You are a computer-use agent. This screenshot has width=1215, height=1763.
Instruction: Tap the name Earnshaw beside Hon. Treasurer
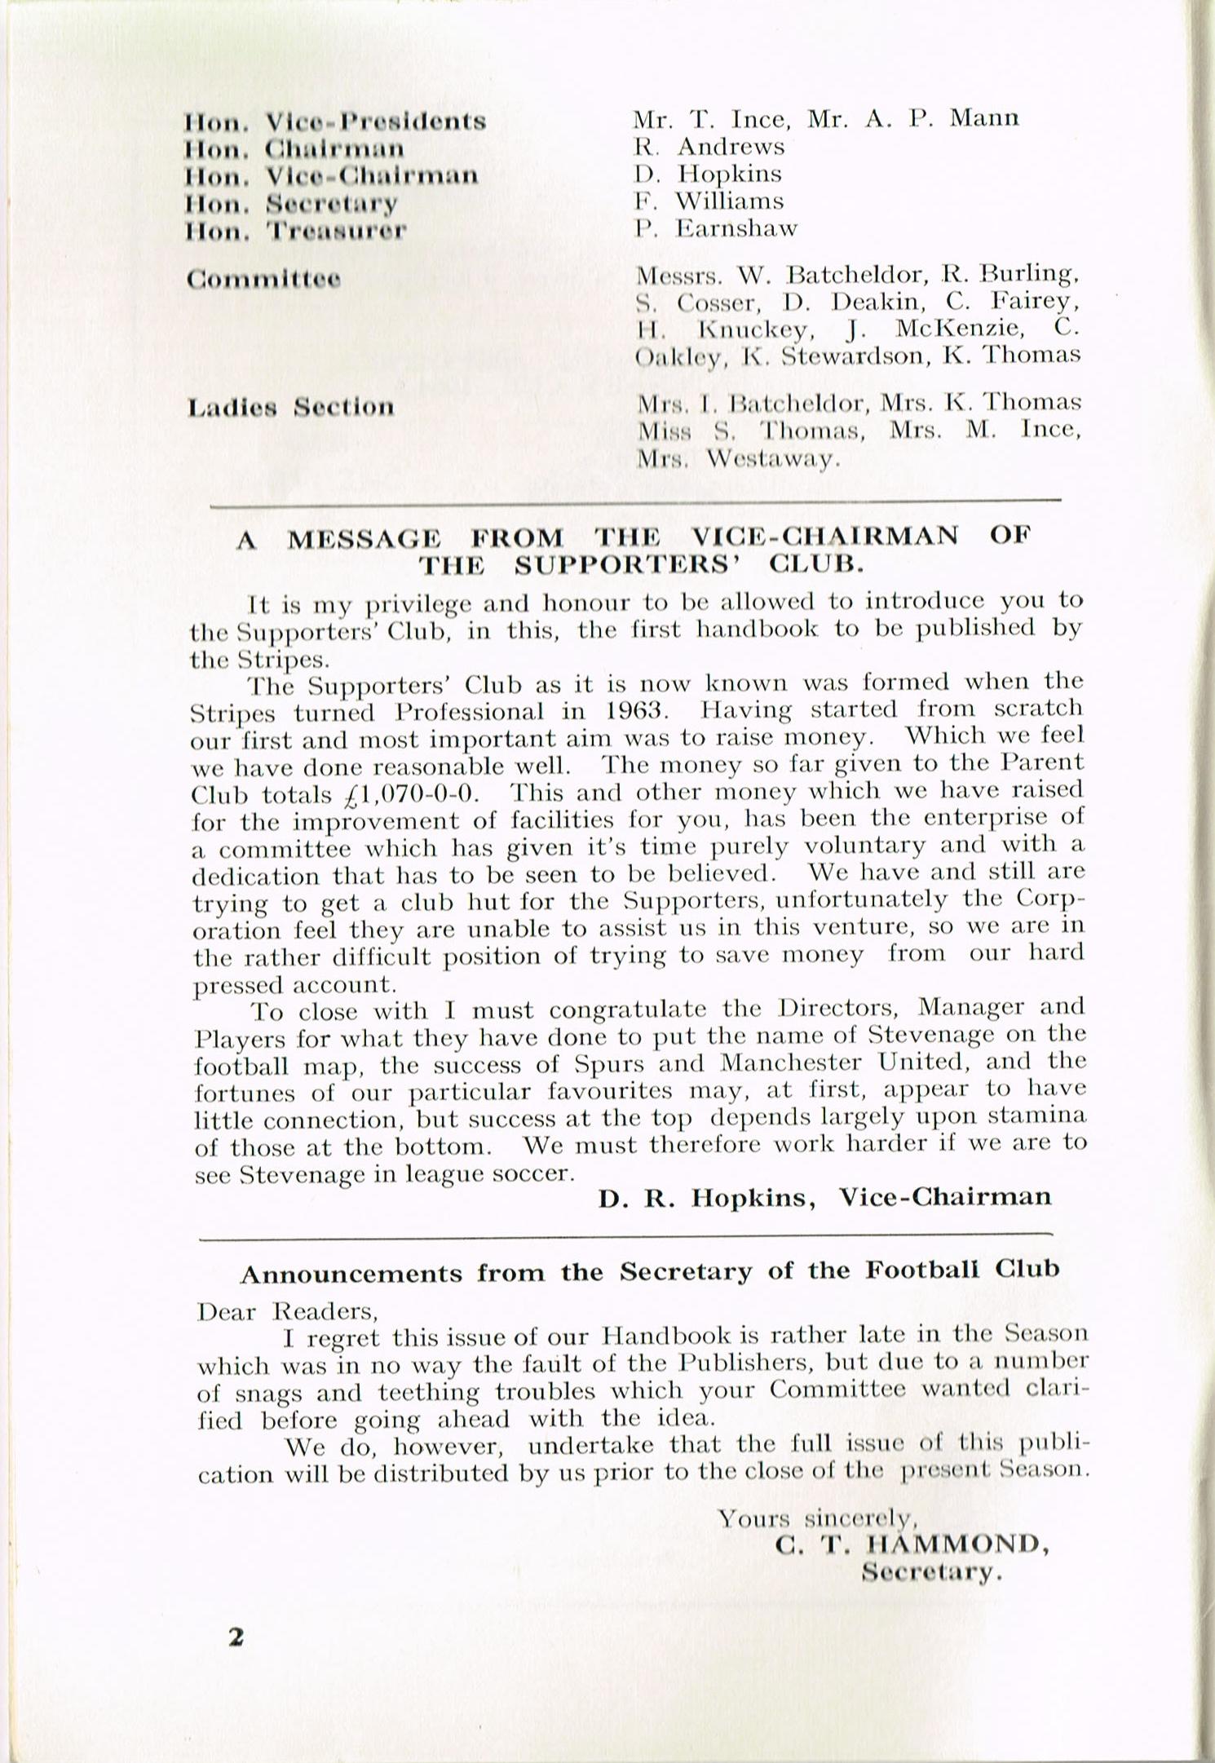click(736, 228)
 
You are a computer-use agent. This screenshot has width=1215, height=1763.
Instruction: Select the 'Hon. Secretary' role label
click(292, 203)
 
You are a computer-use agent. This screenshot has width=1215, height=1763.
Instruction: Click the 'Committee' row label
click(263, 280)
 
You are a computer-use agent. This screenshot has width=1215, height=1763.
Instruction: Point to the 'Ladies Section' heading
click(290, 407)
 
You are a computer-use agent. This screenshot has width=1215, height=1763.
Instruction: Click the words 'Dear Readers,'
click(288, 1311)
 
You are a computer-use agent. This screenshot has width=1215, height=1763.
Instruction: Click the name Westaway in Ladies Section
click(772, 459)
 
